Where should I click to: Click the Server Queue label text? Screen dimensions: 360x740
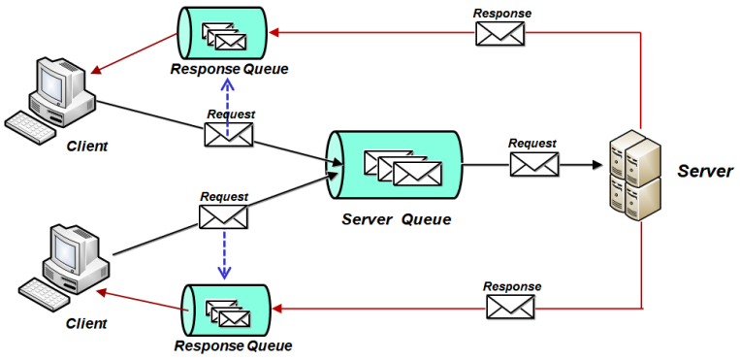point(396,218)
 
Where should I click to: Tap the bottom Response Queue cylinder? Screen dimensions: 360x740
point(226,310)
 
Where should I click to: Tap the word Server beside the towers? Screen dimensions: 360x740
point(704,171)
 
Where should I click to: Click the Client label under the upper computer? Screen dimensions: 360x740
point(87,146)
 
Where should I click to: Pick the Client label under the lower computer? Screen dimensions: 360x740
point(86,322)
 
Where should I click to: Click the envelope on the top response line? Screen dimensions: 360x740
point(499,34)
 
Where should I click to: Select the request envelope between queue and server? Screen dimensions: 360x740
point(534,164)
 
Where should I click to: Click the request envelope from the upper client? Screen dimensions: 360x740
point(229,134)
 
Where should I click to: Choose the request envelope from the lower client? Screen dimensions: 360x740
point(223,216)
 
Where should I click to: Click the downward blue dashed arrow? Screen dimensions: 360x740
point(224,255)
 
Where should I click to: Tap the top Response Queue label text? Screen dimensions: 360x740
point(229,69)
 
